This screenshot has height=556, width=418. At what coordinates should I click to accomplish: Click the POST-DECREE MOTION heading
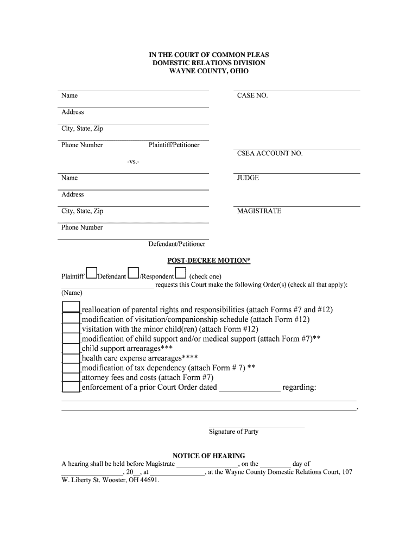pyautogui.click(x=209, y=261)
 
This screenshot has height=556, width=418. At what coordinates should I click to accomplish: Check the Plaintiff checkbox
pyautogui.click(x=91, y=273)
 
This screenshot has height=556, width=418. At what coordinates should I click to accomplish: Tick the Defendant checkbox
pyautogui.click(x=133, y=273)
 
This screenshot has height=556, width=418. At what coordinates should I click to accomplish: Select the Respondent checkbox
pyautogui.click(x=181, y=273)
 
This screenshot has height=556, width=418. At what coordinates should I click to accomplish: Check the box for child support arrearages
pyautogui.click(x=71, y=348)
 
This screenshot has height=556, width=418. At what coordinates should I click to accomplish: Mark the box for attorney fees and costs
pyautogui.click(x=71, y=377)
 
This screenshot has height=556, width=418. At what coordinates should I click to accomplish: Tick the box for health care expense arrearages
pyautogui.click(x=71, y=358)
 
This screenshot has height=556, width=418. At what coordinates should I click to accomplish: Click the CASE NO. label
pyautogui.click(x=252, y=96)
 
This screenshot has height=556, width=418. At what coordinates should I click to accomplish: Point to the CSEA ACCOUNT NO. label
pyautogui.click(x=270, y=154)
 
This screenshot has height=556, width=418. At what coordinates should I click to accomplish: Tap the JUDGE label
pyautogui.click(x=248, y=178)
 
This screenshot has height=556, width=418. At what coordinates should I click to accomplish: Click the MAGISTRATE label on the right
pyautogui.click(x=259, y=211)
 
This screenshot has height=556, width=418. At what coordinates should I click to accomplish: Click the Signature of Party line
pyautogui.click(x=256, y=426)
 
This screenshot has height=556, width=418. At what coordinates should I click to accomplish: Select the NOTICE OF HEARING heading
pyautogui.click(x=209, y=456)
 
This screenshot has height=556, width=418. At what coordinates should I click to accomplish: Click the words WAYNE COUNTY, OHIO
pyautogui.click(x=209, y=72)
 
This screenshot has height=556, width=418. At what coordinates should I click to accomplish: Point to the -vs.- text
pyautogui.click(x=133, y=162)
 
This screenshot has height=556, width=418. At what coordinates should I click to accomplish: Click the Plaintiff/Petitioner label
pyautogui.click(x=174, y=145)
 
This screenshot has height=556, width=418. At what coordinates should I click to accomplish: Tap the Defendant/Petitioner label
pyautogui.click(x=177, y=244)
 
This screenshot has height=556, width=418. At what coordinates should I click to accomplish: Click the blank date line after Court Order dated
pyautogui.click(x=249, y=388)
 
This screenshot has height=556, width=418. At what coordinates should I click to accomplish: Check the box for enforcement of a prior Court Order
pyautogui.click(x=71, y=387)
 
